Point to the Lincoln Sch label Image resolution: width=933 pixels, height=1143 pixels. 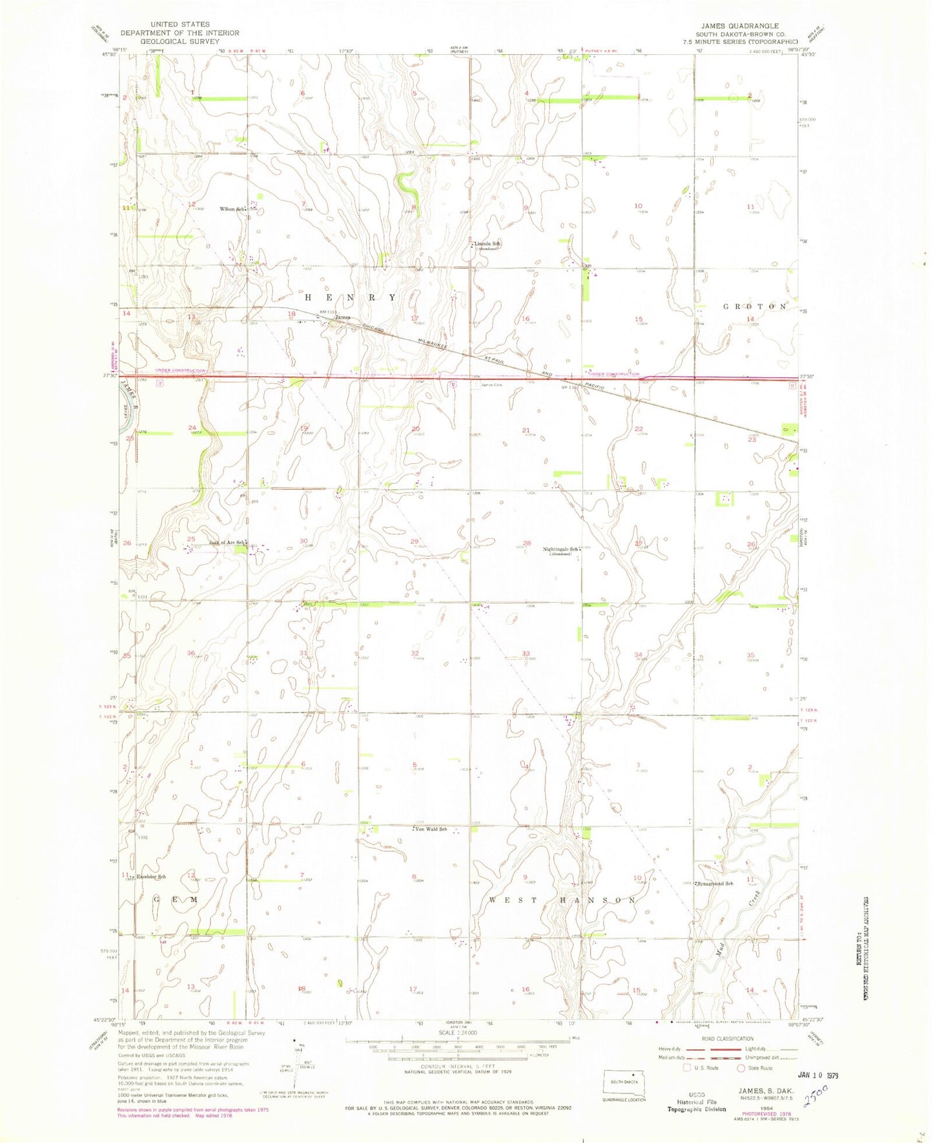tap(488, 244)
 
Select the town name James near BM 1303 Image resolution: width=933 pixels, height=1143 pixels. tap(343, 317)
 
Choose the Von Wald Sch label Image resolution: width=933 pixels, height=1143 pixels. tap(431, 829)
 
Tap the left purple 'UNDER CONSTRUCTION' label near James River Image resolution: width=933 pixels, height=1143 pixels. tap(180, 371)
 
